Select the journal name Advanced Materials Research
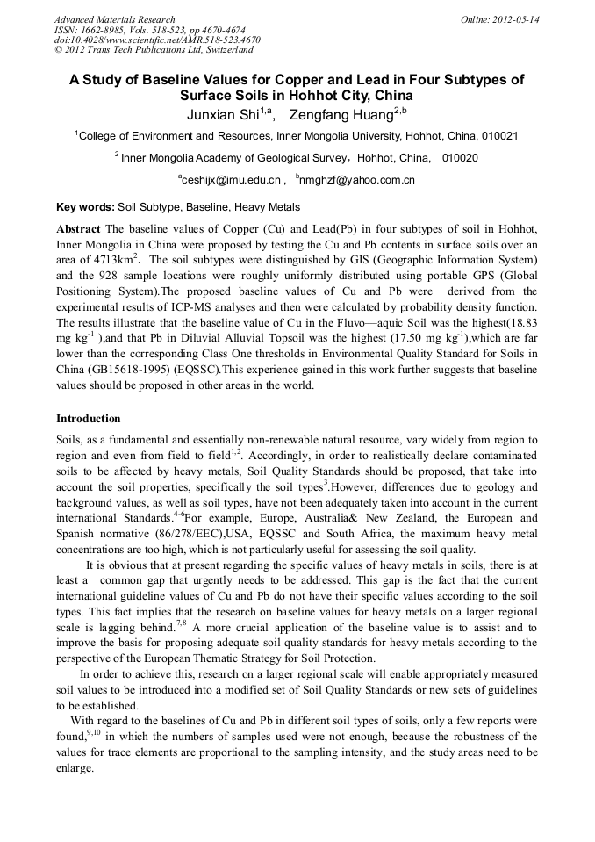(x=114, y=19)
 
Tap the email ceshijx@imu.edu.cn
(x=231, y=180)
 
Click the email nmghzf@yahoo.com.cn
(x=357, y=180)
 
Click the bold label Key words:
(x=85, y=207)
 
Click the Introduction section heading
(x=89, y=419)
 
